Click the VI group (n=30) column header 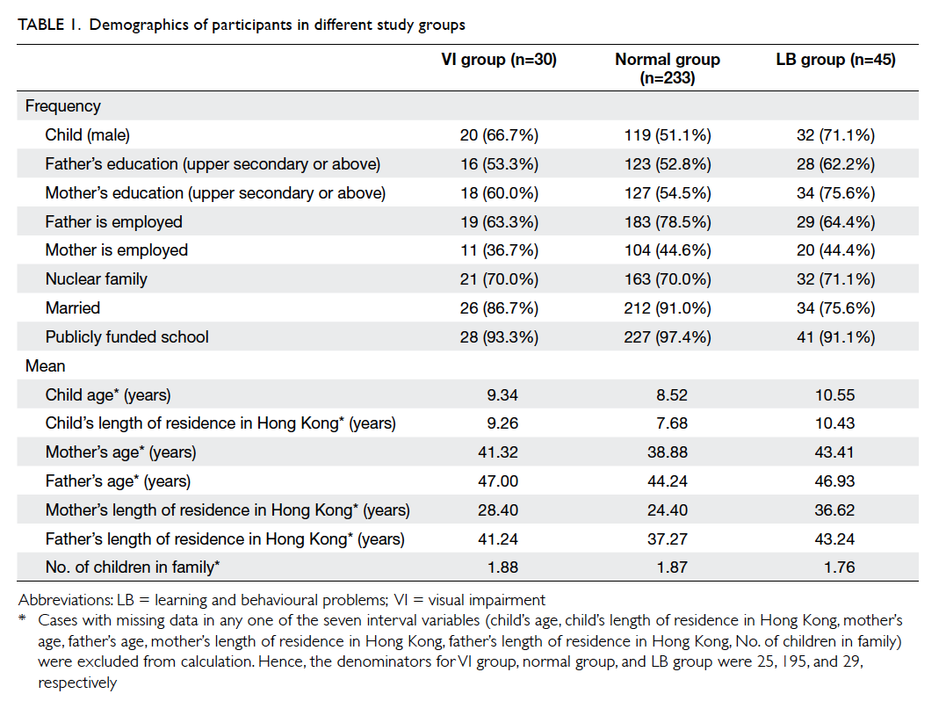pyautogui.click(x=499, y=60)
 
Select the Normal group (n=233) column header pyautogui.click(x=668, y=69)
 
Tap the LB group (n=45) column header pyautogui.click(x=835, y=60)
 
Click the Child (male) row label pyautogui.click(x=88, y=135)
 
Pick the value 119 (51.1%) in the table pyautogui.click(x=668, y=135)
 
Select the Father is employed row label pyautogui.click(x=113, y=222)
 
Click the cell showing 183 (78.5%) pyautogui.click(x=668, y=222)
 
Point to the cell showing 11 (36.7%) pyautogui.click(x=499, y=250)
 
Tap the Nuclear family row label pyautogui.click(x=96, y=279)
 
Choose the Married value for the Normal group pyautogui.click(x=668, y=308)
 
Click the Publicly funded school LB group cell pyautogui.click(x=835, y=337)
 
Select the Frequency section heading pyautogui.click(x=62, y=106)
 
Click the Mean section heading pyautogui.click(x=46, y=366)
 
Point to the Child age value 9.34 pyautogui.click(x=502, y=395)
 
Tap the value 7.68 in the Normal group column pyautogui.click(x=671, y=423)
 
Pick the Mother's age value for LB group pyautogui.click(x=834, y=452)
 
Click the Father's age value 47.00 pyautogui.click(x=498, y=481)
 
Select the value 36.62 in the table pyautogui.click(x=834, y=510)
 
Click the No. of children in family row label pyautogui.click(x=132, y=567)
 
